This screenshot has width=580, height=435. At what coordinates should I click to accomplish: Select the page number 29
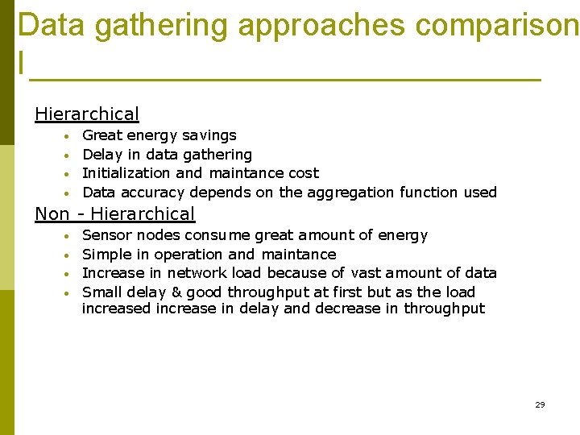click(x=540, y=404)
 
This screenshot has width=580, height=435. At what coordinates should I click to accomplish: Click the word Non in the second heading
click(x=52, y=213)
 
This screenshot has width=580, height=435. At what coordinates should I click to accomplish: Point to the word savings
click(x=209, y=135)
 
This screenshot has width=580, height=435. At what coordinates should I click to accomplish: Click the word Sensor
click(x=107, y=235)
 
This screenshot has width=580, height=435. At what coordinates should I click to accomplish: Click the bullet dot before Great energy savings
click(x=69, y=136)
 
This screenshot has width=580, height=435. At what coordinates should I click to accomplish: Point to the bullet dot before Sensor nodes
click(x=69, y=236)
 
